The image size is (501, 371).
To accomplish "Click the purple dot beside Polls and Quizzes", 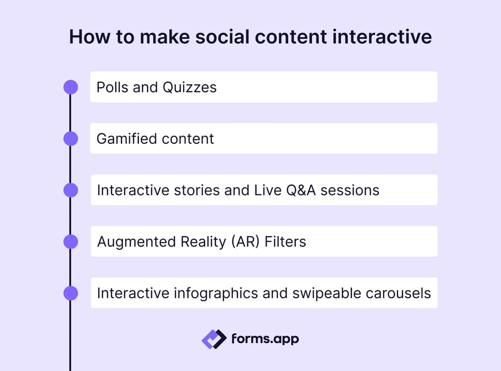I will (71, 87).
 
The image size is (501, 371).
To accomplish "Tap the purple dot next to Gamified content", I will (71, 139).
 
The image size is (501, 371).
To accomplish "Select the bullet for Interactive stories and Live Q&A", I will (71, 191).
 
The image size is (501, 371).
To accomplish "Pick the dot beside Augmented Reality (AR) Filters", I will (71, 242).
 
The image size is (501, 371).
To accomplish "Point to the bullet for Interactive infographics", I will (71, 293).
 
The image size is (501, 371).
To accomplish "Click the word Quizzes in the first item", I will (189, 87).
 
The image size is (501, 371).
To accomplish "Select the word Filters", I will (286, 242).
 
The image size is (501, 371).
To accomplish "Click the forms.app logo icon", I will (214, 339).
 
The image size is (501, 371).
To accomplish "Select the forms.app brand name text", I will (265, 339).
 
